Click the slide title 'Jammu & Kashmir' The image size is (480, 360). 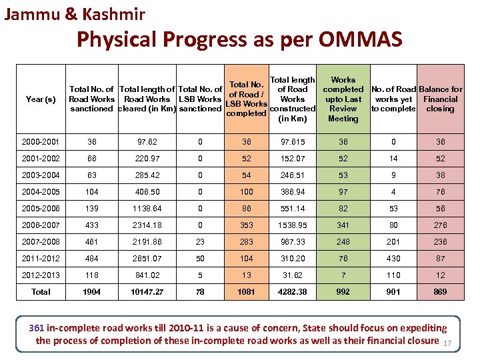pos(75,13)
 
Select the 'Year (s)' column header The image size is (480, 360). pos(41,99)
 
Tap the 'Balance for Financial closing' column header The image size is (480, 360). pos(440,99)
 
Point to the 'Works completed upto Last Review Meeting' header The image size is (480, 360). pos(343,99)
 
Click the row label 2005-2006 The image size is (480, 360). pos(41,209)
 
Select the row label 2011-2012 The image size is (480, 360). pos(41,258)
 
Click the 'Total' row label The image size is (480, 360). pos(41,291)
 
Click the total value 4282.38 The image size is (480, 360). pos(293,291)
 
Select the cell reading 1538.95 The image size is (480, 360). pos(293,225)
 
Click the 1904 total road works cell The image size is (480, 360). pos(91,291)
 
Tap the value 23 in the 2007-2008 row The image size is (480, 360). pos(201,242)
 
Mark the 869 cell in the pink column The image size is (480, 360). pos(440,291)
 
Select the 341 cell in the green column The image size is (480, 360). pos(343,225)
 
